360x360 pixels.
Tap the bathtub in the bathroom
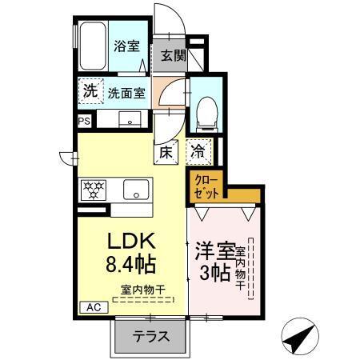pyautogui.click(x=94, y=47)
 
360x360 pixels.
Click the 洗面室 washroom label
pyautogui.click(x=126, y=92)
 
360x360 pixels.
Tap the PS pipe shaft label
pyautogui.click(x=84, y=121)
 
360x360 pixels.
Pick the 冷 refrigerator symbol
pyautogui.click(x=198, y=150)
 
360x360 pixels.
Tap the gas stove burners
pyautogui.click(x=94, y=190)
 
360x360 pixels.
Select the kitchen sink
pyautogui.click(x=134, y=190)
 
